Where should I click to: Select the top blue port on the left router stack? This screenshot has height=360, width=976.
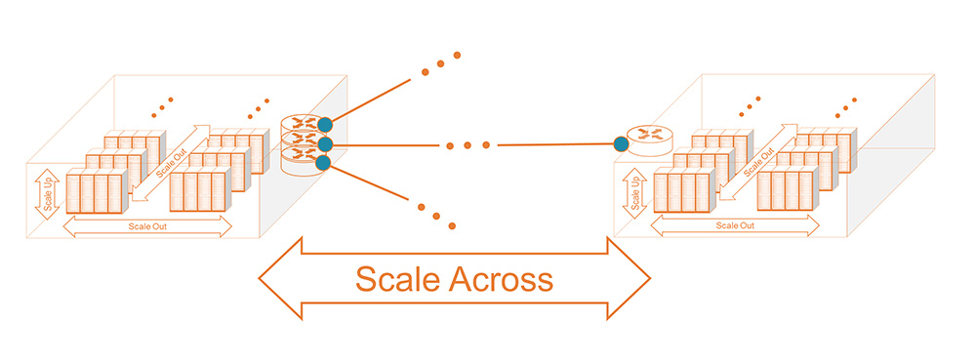(x=325, y=125)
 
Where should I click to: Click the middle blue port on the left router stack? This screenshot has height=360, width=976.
(x=325, y=144)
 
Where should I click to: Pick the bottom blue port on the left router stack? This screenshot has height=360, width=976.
(x=325, y=164)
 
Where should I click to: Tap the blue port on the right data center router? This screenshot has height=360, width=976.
(x=621, y=144)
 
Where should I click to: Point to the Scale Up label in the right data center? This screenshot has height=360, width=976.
(x=634, y=191)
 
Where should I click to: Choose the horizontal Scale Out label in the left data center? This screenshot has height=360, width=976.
(x=147, y=226)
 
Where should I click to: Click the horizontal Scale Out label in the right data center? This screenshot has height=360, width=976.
(x=735, y=226)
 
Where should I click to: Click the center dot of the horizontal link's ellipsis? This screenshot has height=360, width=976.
(x=468, y=145)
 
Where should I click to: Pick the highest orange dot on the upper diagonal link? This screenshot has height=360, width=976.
(x=456, y=56)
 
